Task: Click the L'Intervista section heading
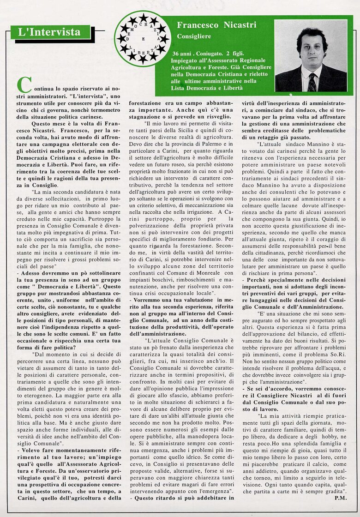coord(48,32)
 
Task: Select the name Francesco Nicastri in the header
coord(216,25)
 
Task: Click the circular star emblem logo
coord(143,38)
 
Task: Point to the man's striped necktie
coord(312,82)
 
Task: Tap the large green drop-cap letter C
coord(24,84)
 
